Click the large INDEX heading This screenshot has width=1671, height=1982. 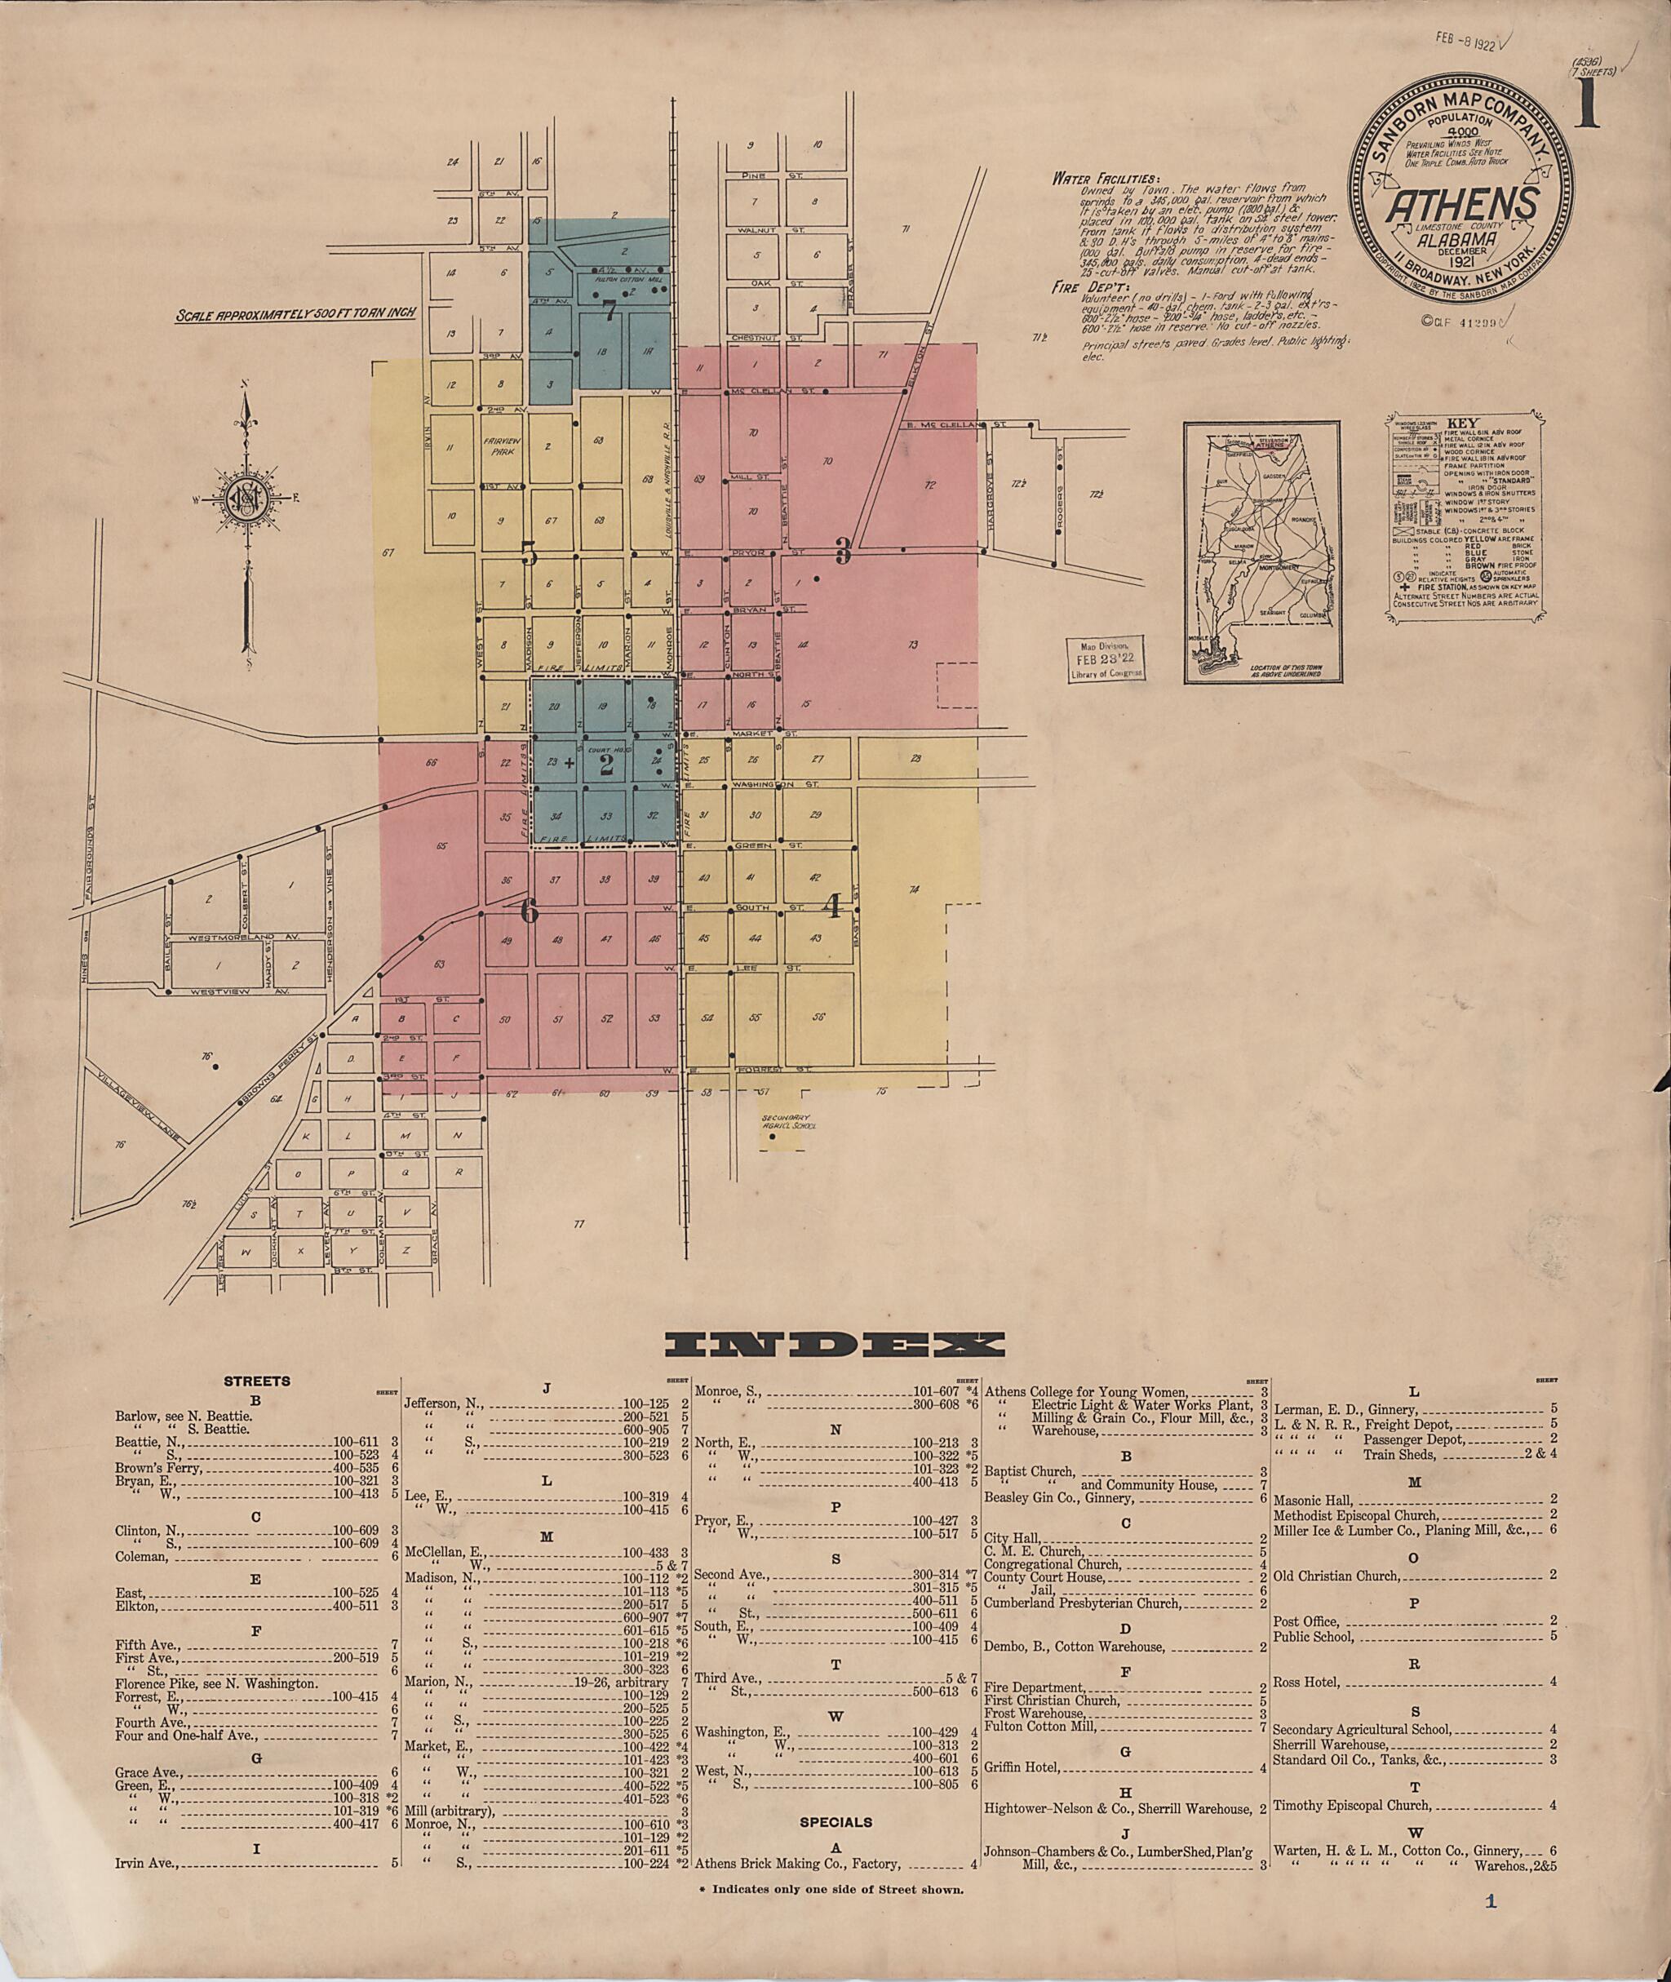pos(835,1345)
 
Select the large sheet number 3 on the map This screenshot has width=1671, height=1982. pos(842,551)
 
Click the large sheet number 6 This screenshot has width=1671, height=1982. pos(529,911)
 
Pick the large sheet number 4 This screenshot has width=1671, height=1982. pos(833,907)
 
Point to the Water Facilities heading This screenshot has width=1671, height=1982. pos(1104,178)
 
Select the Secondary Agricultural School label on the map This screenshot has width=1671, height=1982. pos(788,1124)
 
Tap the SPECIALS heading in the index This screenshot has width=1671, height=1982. pos(835,1821)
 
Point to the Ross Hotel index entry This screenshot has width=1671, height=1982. pos(1306,1682)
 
